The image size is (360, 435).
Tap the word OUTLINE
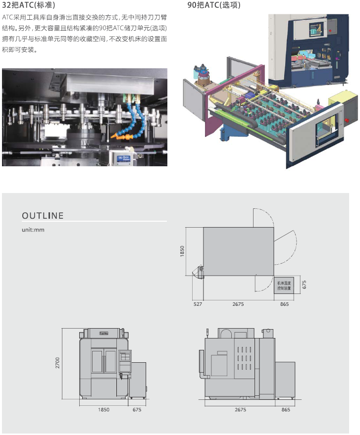[43, 216]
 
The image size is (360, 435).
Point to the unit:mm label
[33, 230]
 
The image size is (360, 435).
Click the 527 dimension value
[198, 304]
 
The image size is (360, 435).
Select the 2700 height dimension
[57, 363]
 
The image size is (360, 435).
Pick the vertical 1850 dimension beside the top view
[182, 251]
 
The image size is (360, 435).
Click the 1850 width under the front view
[103, 409]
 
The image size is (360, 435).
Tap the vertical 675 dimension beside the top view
[305, 285]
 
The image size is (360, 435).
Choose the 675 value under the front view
[137, 409]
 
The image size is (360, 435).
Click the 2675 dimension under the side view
[241, 409]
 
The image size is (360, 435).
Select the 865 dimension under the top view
[284, 304]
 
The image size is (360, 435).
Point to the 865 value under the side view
[285, 409]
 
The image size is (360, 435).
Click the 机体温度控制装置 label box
[284, 285]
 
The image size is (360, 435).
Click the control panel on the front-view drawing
[126, 357]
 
